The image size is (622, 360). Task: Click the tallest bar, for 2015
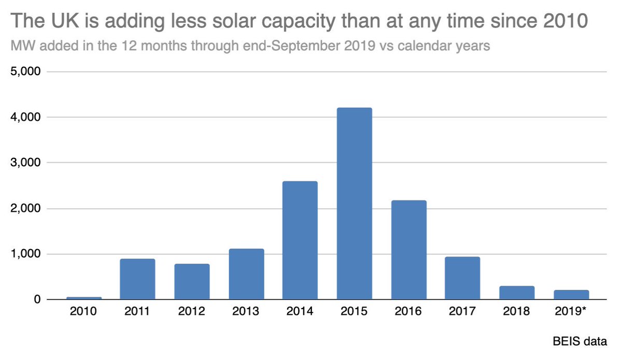355,204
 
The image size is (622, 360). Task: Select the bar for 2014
300,240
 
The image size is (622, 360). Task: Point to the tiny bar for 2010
83,298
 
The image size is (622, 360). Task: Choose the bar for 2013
246,274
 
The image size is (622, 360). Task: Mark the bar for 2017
463,278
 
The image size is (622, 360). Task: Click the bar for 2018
517,293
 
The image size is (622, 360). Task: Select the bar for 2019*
571,295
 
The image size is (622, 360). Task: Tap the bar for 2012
192,282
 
